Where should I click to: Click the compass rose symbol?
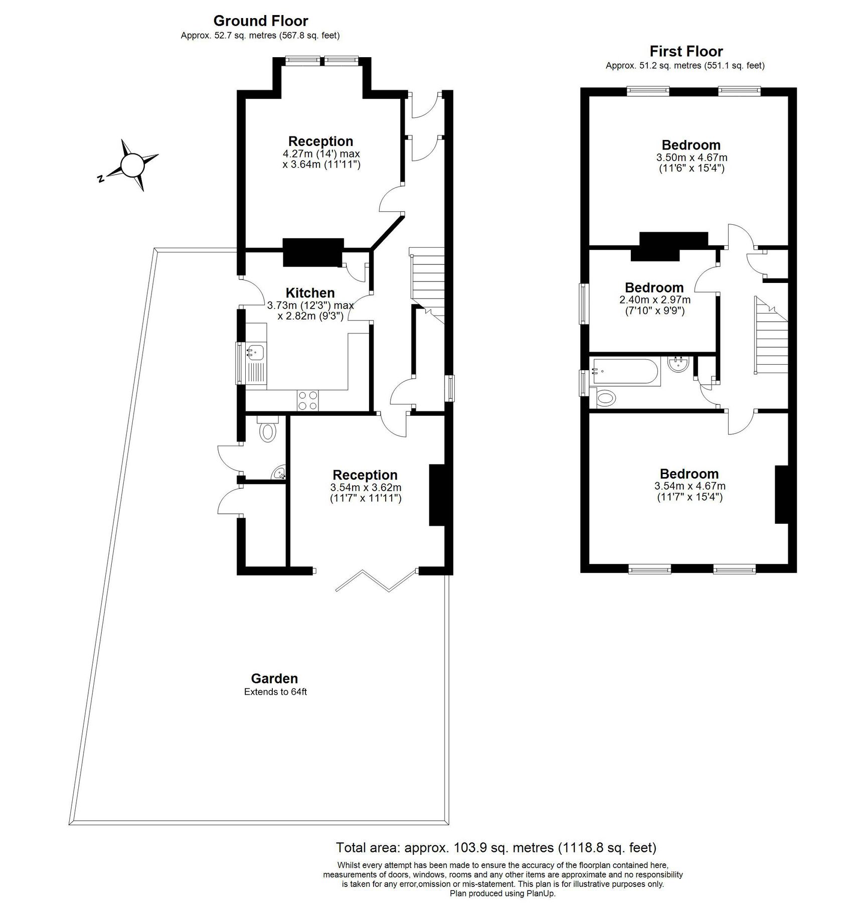click(x=133, y=165)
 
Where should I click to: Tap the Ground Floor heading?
click(x=261, y=21)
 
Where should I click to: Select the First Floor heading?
click(x=686, y=51)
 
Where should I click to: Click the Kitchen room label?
click(x=310, y=293)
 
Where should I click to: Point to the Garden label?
click(x=274, y=678)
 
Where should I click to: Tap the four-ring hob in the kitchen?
click(x=308, y=400)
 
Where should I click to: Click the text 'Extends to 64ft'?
click(x=275, y=692)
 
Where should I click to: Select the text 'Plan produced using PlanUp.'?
click(x=502, y=893)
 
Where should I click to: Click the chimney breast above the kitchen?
click(x=313, y=252)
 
